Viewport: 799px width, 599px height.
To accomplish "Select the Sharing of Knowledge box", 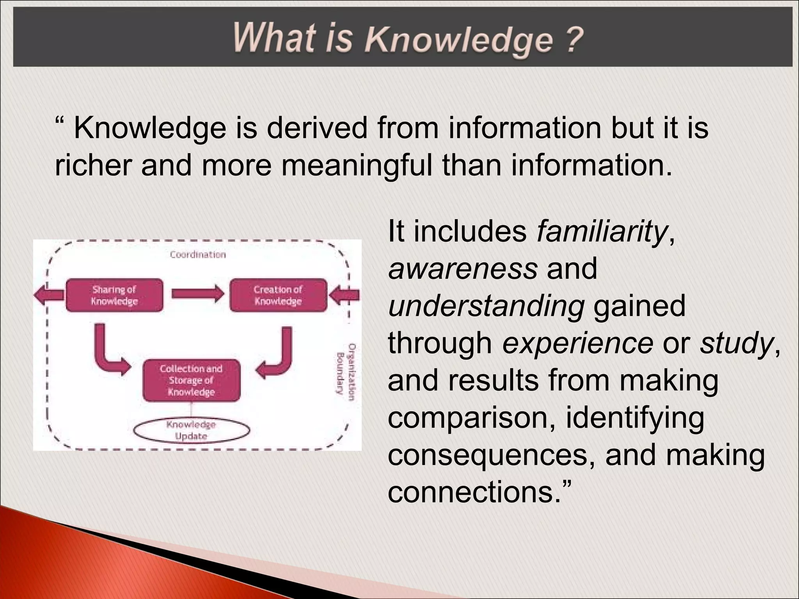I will pyautogui.click(x=114, y=295).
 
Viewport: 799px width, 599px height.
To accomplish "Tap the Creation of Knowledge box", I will pyautogui.click(x=278, y=295).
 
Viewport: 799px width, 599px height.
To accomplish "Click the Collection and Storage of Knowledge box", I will pyautogui.click(x=191, y=380).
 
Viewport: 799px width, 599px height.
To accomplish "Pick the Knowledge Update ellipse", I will pyautogui.click(x=191, y=431).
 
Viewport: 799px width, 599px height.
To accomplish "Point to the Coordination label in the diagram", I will pyautogui.click(x=198, y=255).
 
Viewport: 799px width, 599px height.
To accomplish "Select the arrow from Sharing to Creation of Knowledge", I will pyautogui.click(x=197, y=293).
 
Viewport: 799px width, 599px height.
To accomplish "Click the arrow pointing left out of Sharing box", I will pyautogui.click(x=49, y=295).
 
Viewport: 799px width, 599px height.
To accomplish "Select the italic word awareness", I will pyautogui.click(x=463, y=269).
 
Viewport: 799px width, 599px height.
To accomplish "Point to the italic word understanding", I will pyautogui.click(x=486, y=306).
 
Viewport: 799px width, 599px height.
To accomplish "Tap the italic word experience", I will pyautogui.click(x=577, y=343).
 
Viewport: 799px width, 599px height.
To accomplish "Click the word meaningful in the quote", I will pyautogui.click(x=357, y=165).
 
